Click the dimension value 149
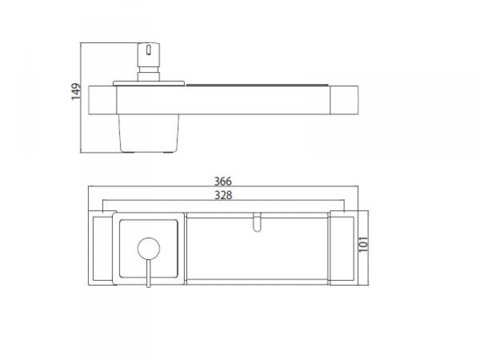76,91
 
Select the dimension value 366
223,182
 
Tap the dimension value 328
223,195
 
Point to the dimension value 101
364,244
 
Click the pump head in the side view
148,55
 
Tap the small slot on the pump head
148,50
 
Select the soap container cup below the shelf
149,133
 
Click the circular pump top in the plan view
149,248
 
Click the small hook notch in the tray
257,222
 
